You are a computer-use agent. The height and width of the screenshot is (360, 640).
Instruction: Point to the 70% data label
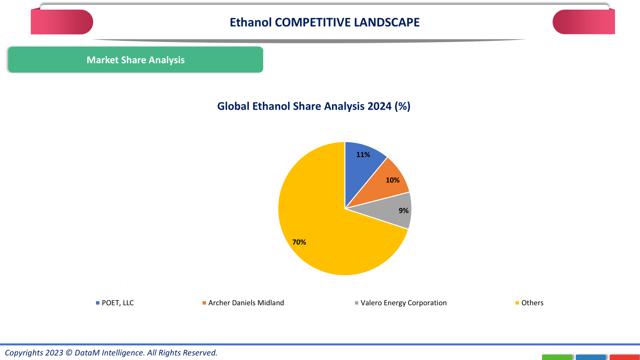(x=299, y=242)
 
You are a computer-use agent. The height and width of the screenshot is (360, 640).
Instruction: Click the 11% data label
(x=363, y=155)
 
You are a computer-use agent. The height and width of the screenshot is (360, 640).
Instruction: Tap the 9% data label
(x=404, y=211)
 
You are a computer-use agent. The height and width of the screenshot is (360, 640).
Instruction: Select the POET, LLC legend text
(x=118, y=303)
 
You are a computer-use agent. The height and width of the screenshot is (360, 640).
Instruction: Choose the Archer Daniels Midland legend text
(x=246, y=303)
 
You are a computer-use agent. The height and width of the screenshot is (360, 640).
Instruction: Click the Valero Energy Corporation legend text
(x=404, y=303)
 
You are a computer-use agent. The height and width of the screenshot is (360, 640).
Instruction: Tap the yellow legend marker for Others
(x=517, y=303)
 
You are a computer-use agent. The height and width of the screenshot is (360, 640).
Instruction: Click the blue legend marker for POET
(x=98, y=303)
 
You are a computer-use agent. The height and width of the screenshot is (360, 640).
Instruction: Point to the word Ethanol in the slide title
(x=251, y=22)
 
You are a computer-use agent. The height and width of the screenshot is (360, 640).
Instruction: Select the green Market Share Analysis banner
(x=136, y=60)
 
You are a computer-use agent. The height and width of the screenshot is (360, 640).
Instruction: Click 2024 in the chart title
(x=379, y=106)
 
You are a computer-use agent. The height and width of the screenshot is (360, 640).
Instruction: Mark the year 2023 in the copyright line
(x=54, y=353)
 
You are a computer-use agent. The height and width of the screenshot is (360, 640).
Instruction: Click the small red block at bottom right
(x=624, y=357)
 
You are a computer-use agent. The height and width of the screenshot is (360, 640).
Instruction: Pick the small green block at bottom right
(x=557, y=357)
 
